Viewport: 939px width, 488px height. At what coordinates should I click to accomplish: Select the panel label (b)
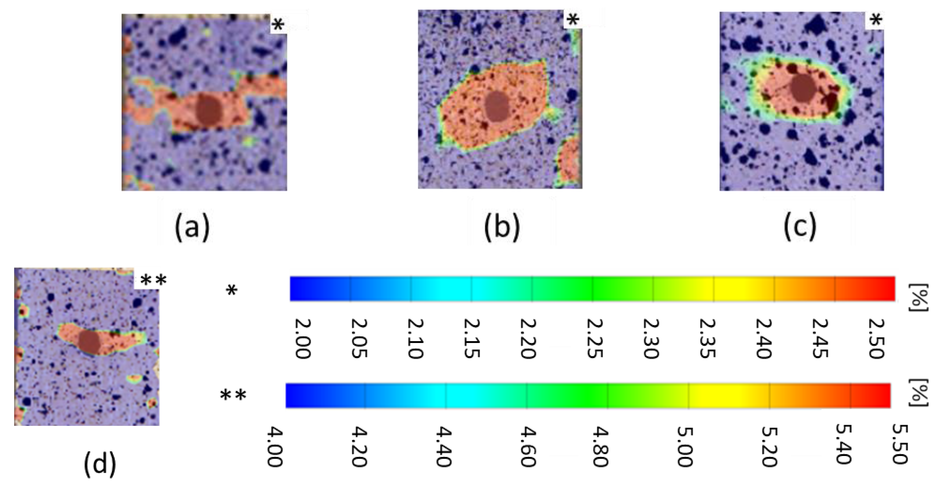(x=502, y=228)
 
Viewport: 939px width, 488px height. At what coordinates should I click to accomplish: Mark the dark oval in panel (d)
(x=89, y=342)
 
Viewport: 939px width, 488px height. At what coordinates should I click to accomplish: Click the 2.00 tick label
(x=302, y=339)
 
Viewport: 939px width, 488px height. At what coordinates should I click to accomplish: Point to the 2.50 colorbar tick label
(x=876, y=339)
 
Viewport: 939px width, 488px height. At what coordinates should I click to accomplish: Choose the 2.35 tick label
(x=707, y=339)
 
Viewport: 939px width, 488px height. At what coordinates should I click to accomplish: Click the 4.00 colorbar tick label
(x=275, y=447)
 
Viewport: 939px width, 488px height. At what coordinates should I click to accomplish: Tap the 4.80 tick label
(x=600, y=447)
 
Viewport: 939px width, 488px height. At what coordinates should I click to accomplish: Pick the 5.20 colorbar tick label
(x=770, y=447)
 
